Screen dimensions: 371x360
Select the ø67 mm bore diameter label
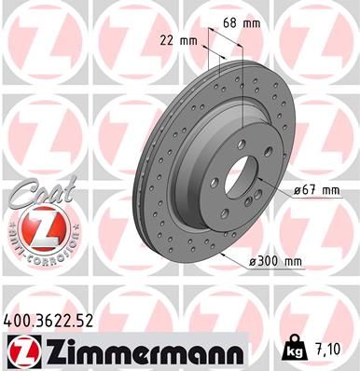tap(315, 190)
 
